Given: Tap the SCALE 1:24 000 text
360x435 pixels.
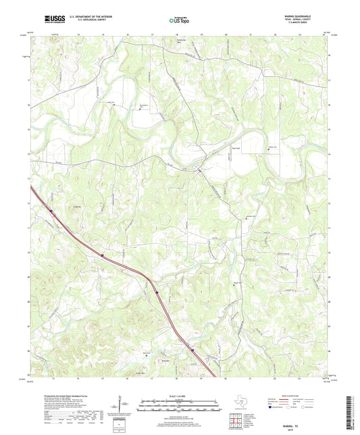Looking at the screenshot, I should (x=179, y=396).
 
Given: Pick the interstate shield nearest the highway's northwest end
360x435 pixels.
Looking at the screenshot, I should (x=51, y=210).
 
